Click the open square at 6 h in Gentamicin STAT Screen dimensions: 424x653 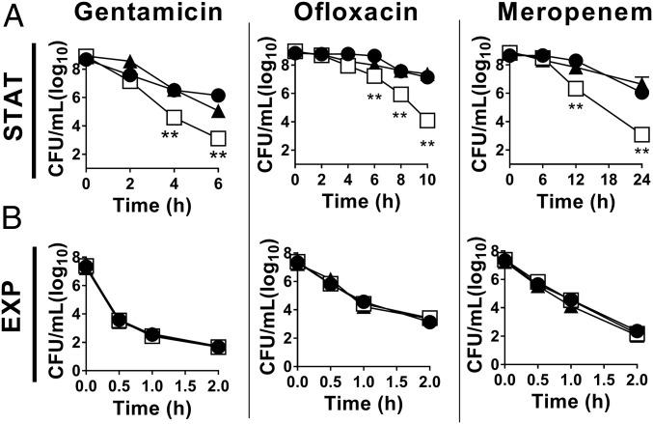coord(219,138)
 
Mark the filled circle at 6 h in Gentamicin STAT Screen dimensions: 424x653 coord(219,95)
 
